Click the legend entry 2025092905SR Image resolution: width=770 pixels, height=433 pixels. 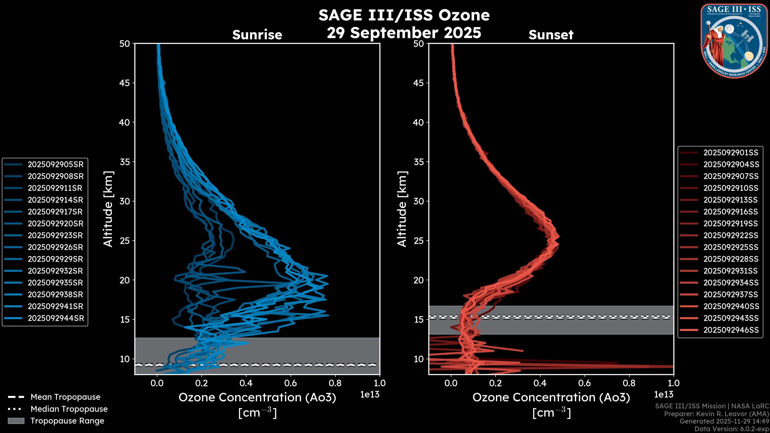(56, 164)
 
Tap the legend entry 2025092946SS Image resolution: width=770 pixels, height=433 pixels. (730, 330)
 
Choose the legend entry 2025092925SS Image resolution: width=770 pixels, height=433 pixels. (730, 247)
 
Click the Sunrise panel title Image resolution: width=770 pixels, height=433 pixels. (257, 35)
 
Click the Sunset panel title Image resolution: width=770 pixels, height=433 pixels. (551, 35)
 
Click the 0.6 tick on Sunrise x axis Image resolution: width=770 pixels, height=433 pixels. (291, 383)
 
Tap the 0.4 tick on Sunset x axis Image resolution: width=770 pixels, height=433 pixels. (540, 383)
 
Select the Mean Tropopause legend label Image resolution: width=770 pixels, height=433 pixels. (65, 397)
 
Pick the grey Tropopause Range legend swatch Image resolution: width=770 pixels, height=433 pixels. (16, 421)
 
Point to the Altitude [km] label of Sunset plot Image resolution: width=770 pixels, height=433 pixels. (402, 209)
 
